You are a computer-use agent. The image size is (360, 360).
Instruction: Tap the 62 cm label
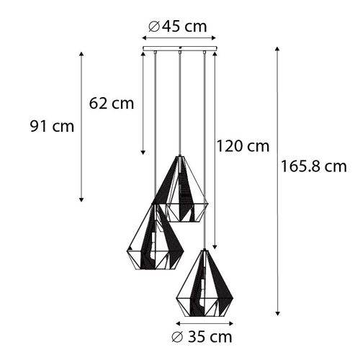(x=112, y=103)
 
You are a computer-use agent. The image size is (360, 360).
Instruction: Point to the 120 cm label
(x=243, y=146)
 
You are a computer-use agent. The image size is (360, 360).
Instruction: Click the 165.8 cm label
(x=315, y=167)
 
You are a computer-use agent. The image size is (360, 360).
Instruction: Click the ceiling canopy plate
(x=178, y=50)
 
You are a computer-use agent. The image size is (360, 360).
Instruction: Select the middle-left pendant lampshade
(x=152, y=238)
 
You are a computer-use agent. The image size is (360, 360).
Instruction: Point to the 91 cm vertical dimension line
(x=81, y=126)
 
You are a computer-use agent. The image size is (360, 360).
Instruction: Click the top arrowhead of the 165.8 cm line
(x=278, y=50)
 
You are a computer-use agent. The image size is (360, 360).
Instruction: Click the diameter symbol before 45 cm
(x=153, y=27)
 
